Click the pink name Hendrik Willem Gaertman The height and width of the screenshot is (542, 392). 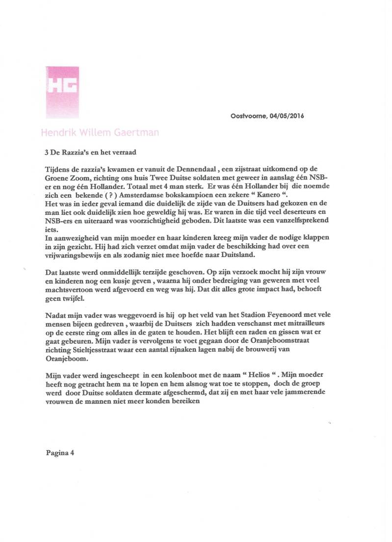tap(100, 133)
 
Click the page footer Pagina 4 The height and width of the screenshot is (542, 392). tap(60, 453)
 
